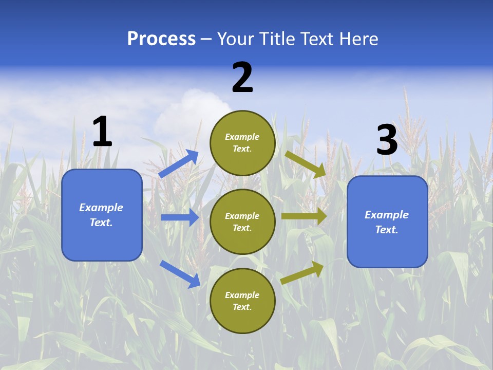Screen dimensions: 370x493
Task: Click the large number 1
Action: coord(102,132)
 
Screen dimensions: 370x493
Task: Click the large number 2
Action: coord(242,78)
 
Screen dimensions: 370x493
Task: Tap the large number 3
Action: coord(387,141)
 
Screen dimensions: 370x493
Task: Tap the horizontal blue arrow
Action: coord(180,217)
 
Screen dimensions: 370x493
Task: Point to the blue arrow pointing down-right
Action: coord(180,273)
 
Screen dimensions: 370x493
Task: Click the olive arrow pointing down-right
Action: coord(306,164)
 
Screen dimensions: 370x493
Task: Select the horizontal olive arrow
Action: coord(304,216)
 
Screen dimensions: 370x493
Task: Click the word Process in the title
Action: coord(161,39)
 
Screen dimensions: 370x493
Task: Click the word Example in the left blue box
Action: coord(101,208)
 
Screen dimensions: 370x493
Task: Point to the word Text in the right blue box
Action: coord(386,230)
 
